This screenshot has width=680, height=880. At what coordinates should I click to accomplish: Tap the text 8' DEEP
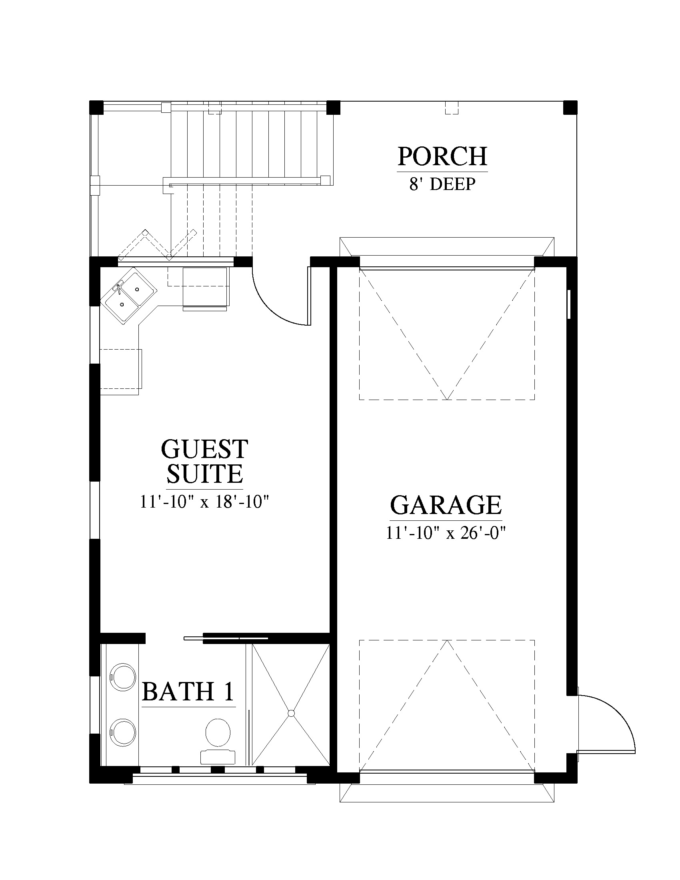[x=442, y=184]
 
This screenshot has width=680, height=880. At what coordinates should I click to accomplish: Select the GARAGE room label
[x=446, y=505]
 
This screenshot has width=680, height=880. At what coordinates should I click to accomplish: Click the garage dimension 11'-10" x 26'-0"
[x=446, y=533]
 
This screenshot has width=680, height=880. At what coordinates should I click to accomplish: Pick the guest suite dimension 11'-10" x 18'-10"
[x=204, y=502]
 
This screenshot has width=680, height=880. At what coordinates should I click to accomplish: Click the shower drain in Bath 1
[x=291, y=714]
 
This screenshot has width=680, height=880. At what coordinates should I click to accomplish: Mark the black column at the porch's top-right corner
[x=570, y=108]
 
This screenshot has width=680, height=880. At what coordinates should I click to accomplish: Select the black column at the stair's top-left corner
[x=96, y=108]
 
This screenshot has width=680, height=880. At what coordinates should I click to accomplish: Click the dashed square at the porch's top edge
[x=452, y=108]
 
